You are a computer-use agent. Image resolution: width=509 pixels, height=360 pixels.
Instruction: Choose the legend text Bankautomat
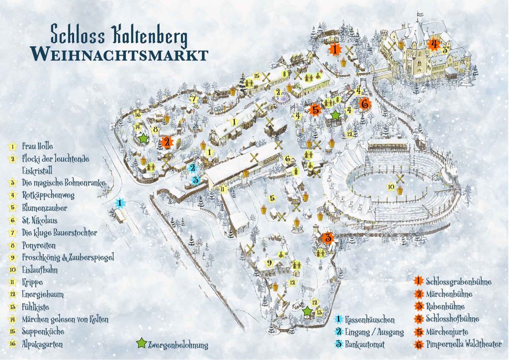[x=368, y=344]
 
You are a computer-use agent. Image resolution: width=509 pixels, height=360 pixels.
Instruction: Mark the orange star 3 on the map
[x=327, y=238]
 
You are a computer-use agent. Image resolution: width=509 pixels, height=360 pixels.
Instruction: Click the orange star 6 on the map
[x=364, y=104]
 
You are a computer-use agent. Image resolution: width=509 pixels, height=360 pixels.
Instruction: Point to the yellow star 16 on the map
[x=138, y=115]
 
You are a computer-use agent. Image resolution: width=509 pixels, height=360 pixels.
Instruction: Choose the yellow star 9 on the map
[x=269, y=263]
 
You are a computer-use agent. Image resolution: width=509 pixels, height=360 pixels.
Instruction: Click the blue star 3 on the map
[x=196, y=180]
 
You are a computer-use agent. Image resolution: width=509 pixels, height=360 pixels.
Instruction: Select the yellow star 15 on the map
[x=256, y=76]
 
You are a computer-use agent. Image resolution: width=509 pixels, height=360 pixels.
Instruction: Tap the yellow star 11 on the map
[x=224, y=189]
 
